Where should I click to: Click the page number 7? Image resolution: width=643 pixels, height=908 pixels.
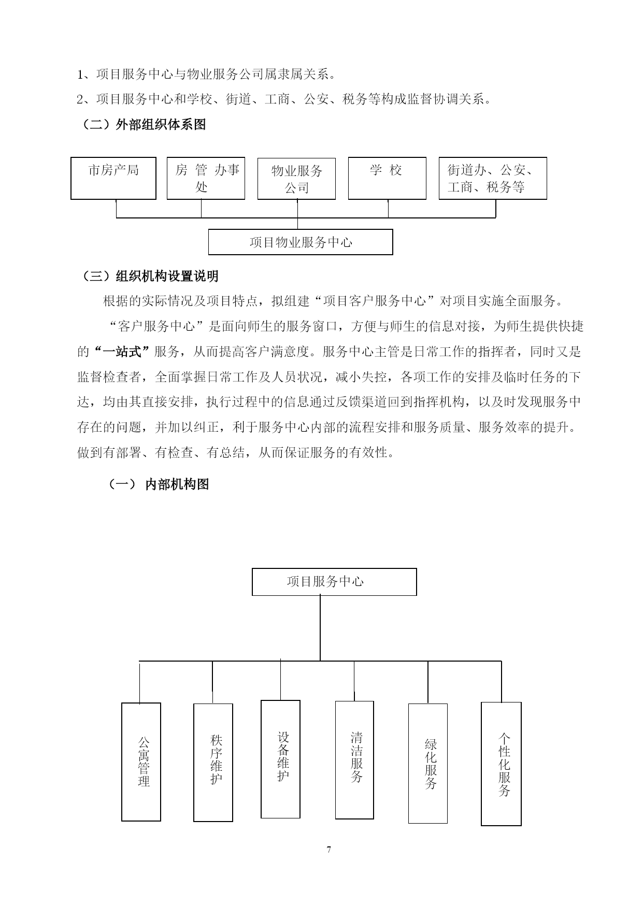click(329, 850)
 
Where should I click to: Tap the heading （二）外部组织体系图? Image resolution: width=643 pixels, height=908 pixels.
click(143, 125)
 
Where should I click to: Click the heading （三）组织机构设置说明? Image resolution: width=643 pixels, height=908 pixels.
click(149, 276)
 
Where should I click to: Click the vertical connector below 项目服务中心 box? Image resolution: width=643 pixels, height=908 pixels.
click(320, 628)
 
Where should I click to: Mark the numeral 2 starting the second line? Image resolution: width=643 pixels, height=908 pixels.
click(80, 99)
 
